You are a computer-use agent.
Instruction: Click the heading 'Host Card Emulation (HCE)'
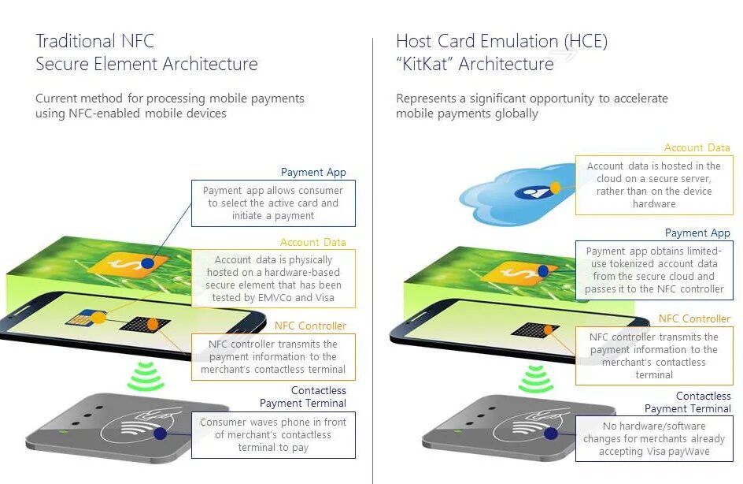point(501,41)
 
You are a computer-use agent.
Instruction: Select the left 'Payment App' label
point(313,172)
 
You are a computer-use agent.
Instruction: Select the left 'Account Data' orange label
point(312,242)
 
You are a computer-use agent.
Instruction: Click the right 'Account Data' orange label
point(697,147)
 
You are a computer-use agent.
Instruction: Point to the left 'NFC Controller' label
point(310,326)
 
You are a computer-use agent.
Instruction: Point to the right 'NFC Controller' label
point(694,318)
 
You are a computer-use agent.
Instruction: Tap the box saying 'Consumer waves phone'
point(273,435)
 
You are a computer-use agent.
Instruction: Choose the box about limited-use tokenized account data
point(654,270)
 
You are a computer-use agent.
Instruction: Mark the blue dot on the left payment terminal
point(161,434)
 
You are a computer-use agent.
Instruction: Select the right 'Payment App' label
point(697,233)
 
